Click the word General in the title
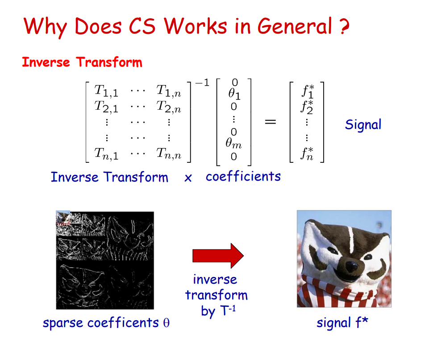click(295, 26)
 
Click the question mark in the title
click(345, 26)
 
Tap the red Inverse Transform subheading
click(82, 62)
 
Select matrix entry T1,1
click(106, 91)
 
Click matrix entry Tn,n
click(169, 154)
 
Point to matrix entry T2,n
click(169, 107)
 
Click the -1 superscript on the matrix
click(202, 83)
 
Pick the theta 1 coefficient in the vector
click(234, 94)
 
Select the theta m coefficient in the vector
click(233, 143)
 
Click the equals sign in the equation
click(271, 122)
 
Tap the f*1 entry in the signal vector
click(308, 91)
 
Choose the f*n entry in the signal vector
click(307, 154)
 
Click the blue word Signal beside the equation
click(363, 124)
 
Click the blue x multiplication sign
click(188, 178)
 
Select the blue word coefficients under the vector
click(243, 177)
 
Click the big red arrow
click(218, 256)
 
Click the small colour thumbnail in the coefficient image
click(63, 218)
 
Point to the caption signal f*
click(342, 323)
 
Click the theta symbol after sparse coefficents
click(166, 323)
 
